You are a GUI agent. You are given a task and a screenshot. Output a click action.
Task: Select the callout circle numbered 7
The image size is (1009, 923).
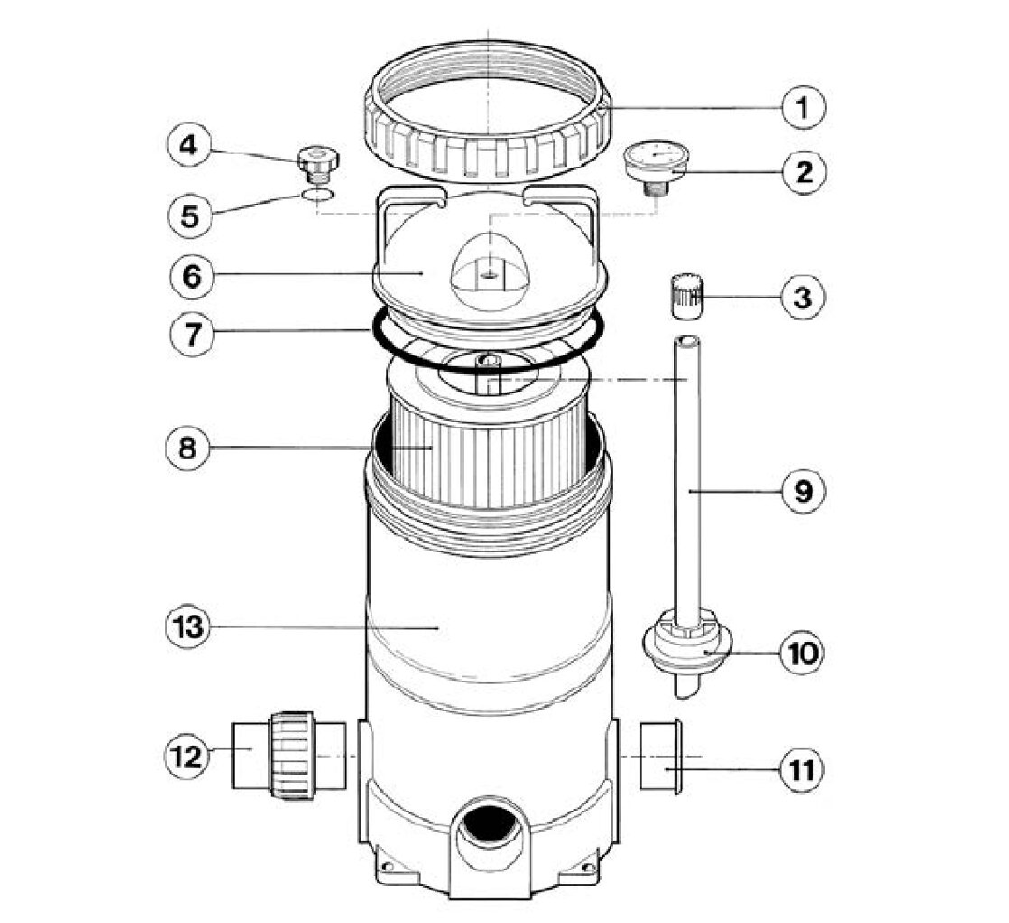(191, 335)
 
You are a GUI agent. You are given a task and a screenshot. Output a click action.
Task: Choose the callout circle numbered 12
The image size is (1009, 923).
(188, 757)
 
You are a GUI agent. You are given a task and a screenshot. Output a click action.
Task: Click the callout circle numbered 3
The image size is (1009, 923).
(802, 297)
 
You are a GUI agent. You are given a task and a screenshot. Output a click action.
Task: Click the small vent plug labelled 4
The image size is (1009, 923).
(319, 162)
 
